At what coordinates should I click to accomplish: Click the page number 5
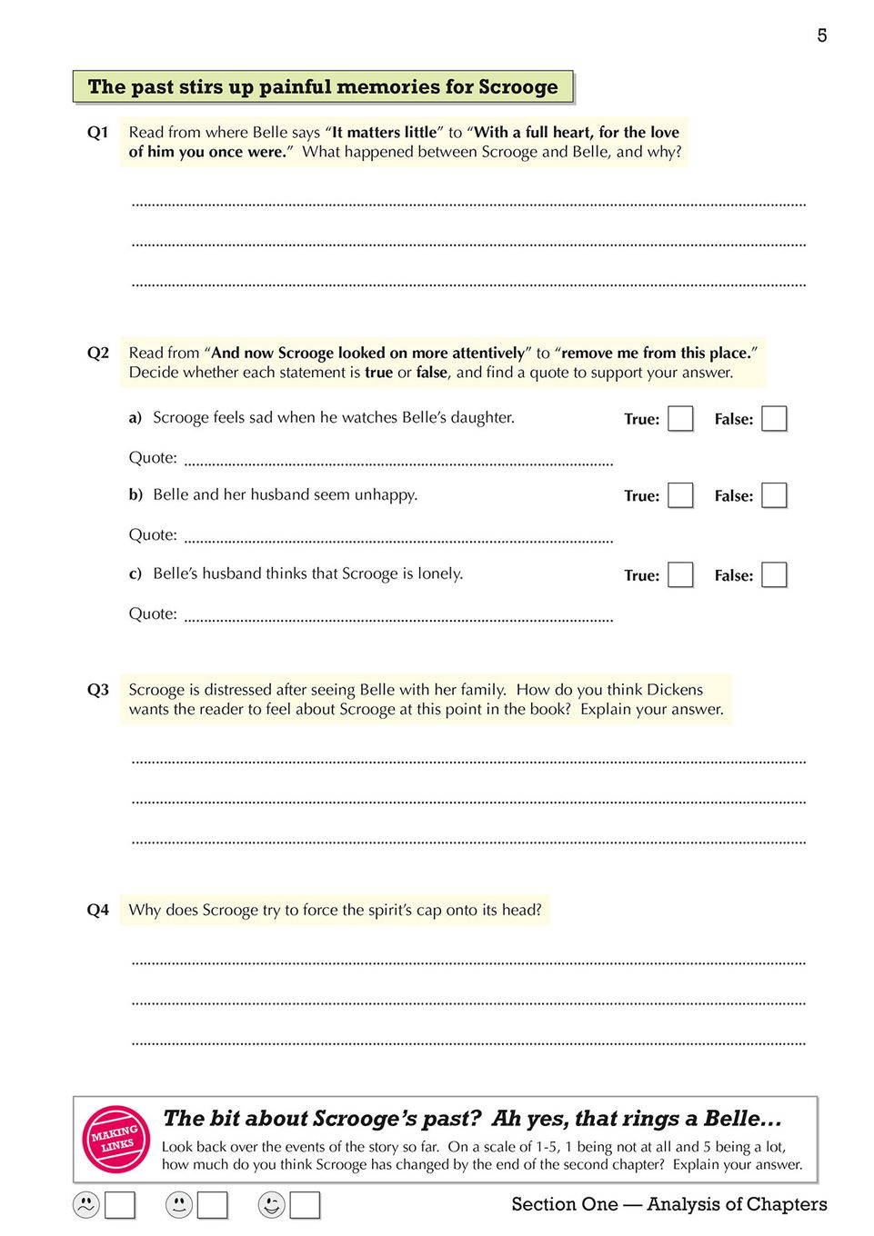click(x=821, y=35)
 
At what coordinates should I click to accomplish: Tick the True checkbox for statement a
click(x=680, y=419)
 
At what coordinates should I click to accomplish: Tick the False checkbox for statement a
click(x=773, y=419)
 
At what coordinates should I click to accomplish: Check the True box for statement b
click(x=680, y=495)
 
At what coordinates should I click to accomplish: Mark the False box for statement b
click(x=773, y=495)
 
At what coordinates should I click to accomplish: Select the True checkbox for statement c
click(x=680, y=575)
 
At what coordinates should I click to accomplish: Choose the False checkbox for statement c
click(x=773, y=575)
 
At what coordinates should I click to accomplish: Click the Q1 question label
click(x=97, y=133)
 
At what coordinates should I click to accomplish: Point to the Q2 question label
click(x=97, y=353)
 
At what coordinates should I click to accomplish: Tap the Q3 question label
click(x=97, y=690)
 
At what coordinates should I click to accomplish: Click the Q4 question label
click(x=97, y=910)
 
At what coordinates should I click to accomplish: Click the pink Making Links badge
click(x=116, y=1139)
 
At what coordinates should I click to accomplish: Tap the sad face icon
click(x=86, y=1205)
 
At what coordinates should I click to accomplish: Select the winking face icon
click(x=271, y=1205)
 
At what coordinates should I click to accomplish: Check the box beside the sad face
click(x=120, y=1205)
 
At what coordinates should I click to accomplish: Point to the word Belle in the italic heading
click(x=732, y=1118)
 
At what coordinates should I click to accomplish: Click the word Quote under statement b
click(x=152, y=535)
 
